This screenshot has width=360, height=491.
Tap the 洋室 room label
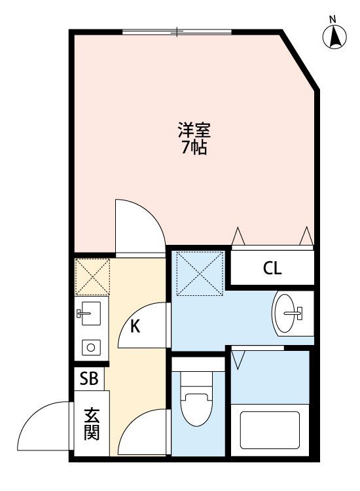click(194, 130)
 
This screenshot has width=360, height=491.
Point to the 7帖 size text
click(194, 147)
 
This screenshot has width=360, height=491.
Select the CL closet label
click(272, 268)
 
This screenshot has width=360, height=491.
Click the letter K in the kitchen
click(135, 327)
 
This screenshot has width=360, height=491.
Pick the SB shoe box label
click(89, 378)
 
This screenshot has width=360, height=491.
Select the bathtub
click(270, 430)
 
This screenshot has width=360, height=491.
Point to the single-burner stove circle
click(91, 347)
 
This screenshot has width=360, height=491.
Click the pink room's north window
click(177, 31)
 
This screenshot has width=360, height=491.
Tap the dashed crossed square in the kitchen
click(92, 276)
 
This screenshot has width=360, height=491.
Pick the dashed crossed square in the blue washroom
click(200, 274)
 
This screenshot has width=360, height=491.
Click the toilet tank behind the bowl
click(198, 365)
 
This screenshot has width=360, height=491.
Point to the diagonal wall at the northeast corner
click(299, 60)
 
